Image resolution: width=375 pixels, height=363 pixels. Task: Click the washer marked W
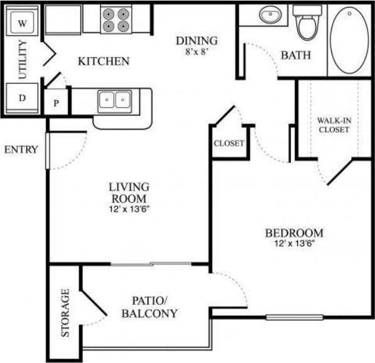click(22, 24)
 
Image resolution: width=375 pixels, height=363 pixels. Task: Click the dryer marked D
click(22, 98)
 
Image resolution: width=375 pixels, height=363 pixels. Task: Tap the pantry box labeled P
click(56, 103)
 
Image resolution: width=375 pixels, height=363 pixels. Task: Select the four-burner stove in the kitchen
click(116, 19)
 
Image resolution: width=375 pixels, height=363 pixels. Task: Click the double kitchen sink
click(114, 100)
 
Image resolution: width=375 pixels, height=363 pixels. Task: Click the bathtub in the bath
click(350, 41)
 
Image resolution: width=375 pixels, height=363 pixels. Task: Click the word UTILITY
click(23, 61)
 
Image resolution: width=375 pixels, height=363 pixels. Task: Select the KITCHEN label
click(104, 61)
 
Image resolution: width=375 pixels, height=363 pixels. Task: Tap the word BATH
click(295, 55)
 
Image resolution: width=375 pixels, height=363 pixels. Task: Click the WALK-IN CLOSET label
click(334, 125)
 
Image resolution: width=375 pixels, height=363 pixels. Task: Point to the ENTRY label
click(21, 150)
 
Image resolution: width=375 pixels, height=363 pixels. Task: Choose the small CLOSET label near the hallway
click(229, 144)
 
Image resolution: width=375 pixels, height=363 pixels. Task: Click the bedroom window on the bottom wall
click(286, 317)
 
